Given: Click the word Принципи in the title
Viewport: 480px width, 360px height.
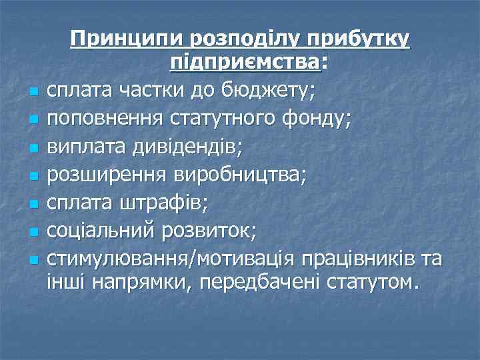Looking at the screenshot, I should (127, 40).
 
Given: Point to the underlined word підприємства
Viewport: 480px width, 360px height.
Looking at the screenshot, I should (245, 62).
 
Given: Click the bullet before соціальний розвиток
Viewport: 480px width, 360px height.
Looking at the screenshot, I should (33, 232).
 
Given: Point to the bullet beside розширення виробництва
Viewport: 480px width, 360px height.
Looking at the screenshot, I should (33, 177).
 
